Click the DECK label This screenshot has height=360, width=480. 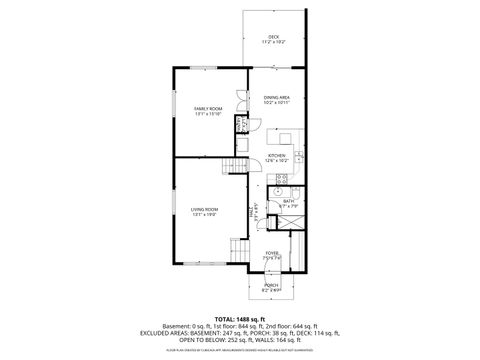coord(272,37)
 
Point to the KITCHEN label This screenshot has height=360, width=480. coord(277,156)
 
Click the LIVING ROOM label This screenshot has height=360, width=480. coord(204,208)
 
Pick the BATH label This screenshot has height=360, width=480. coord(288,201)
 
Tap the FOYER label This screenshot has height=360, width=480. coord(272,253)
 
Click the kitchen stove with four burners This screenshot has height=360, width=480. coord(282,179)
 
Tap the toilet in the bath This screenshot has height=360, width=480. coord(279,210)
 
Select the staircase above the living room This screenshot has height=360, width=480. coord(236,166)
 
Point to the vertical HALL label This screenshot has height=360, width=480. coord(250,211)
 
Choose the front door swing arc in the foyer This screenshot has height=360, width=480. coord(267,267)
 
